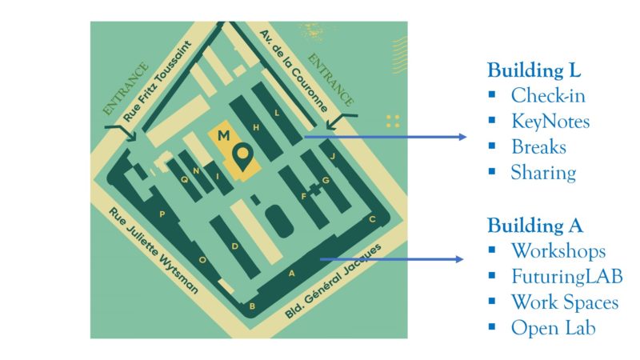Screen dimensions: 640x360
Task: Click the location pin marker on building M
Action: (x=243, y=158)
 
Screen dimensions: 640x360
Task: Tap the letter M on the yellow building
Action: (x=224, y=135)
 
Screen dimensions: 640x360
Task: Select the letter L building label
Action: (x=277, y=113)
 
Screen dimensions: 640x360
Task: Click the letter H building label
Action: (x=256, y=127)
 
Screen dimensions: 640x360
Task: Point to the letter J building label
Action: (x=332, y=156)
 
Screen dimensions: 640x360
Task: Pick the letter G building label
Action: (x=326, y=180)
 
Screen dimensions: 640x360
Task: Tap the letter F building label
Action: (x=304, y=197)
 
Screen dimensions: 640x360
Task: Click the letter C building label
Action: (x=372, y=219)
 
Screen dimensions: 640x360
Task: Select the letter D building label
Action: (x=234, y=246)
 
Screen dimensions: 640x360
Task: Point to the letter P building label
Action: (x=162, y=214)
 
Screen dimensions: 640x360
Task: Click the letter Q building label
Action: (x=185, y=179)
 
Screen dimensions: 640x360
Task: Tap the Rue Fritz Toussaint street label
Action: (x=157, y=81)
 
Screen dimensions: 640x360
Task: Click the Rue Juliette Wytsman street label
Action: (x=154, y=250)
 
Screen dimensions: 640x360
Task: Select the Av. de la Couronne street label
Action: (x=294, y=70)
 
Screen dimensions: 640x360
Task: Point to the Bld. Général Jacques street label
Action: (x=333, y=282)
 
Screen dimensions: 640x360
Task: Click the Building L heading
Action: (x=534, y=70)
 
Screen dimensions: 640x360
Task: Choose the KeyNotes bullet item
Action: (x=550, y=122)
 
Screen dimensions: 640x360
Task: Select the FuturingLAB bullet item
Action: (x=567, y=276)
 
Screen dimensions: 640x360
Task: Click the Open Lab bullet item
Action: (x=553, y=328)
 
